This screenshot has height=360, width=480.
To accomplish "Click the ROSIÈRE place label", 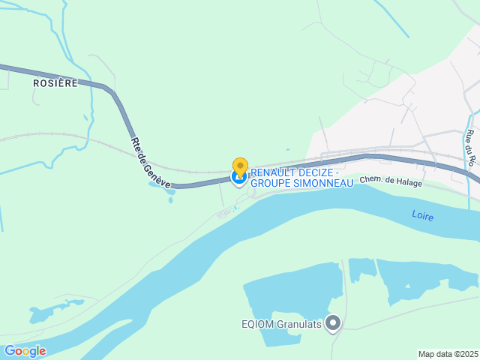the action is [x=55, y=83].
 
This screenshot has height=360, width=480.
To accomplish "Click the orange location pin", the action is [x=240, y=167].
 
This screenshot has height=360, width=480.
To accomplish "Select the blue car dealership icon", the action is [x=239, y=178].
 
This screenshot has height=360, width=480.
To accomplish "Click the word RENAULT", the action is [x=273, y=172].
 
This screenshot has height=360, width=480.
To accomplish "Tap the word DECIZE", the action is [x=314, y=172].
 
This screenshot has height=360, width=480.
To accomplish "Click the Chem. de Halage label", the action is [x=391, y=181].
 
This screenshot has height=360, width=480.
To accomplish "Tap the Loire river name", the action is [x=423, y=216].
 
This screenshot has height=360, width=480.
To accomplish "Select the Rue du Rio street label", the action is [x=470, y=147].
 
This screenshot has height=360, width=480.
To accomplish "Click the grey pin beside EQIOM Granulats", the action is [x=333, y=324].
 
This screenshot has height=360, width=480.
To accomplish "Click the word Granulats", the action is [x=300, y=325].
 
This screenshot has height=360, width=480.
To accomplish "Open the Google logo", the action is [x=25, y=350].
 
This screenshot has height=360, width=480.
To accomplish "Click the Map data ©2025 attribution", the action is [x=448, y=354].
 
